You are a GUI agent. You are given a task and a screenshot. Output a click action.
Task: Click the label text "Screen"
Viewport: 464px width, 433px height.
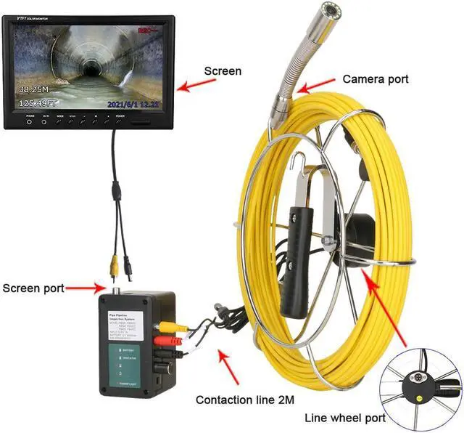pyautogui.click(x=223, y=71)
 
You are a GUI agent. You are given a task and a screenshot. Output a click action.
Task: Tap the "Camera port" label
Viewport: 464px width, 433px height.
pyautogui.click(x=376, y=78)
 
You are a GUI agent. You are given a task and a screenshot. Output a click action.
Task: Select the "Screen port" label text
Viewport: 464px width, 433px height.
pyautogui.click(x=33, y=288)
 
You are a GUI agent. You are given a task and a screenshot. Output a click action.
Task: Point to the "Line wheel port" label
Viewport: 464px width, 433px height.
pyautogui.click(x=344, y=418)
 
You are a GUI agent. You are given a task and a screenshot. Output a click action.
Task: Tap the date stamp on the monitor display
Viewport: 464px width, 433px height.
pyautogui.click(x=131, y=104)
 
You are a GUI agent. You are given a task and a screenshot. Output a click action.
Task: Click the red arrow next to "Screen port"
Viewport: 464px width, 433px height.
pyautogui.click(x=83, y=288)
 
